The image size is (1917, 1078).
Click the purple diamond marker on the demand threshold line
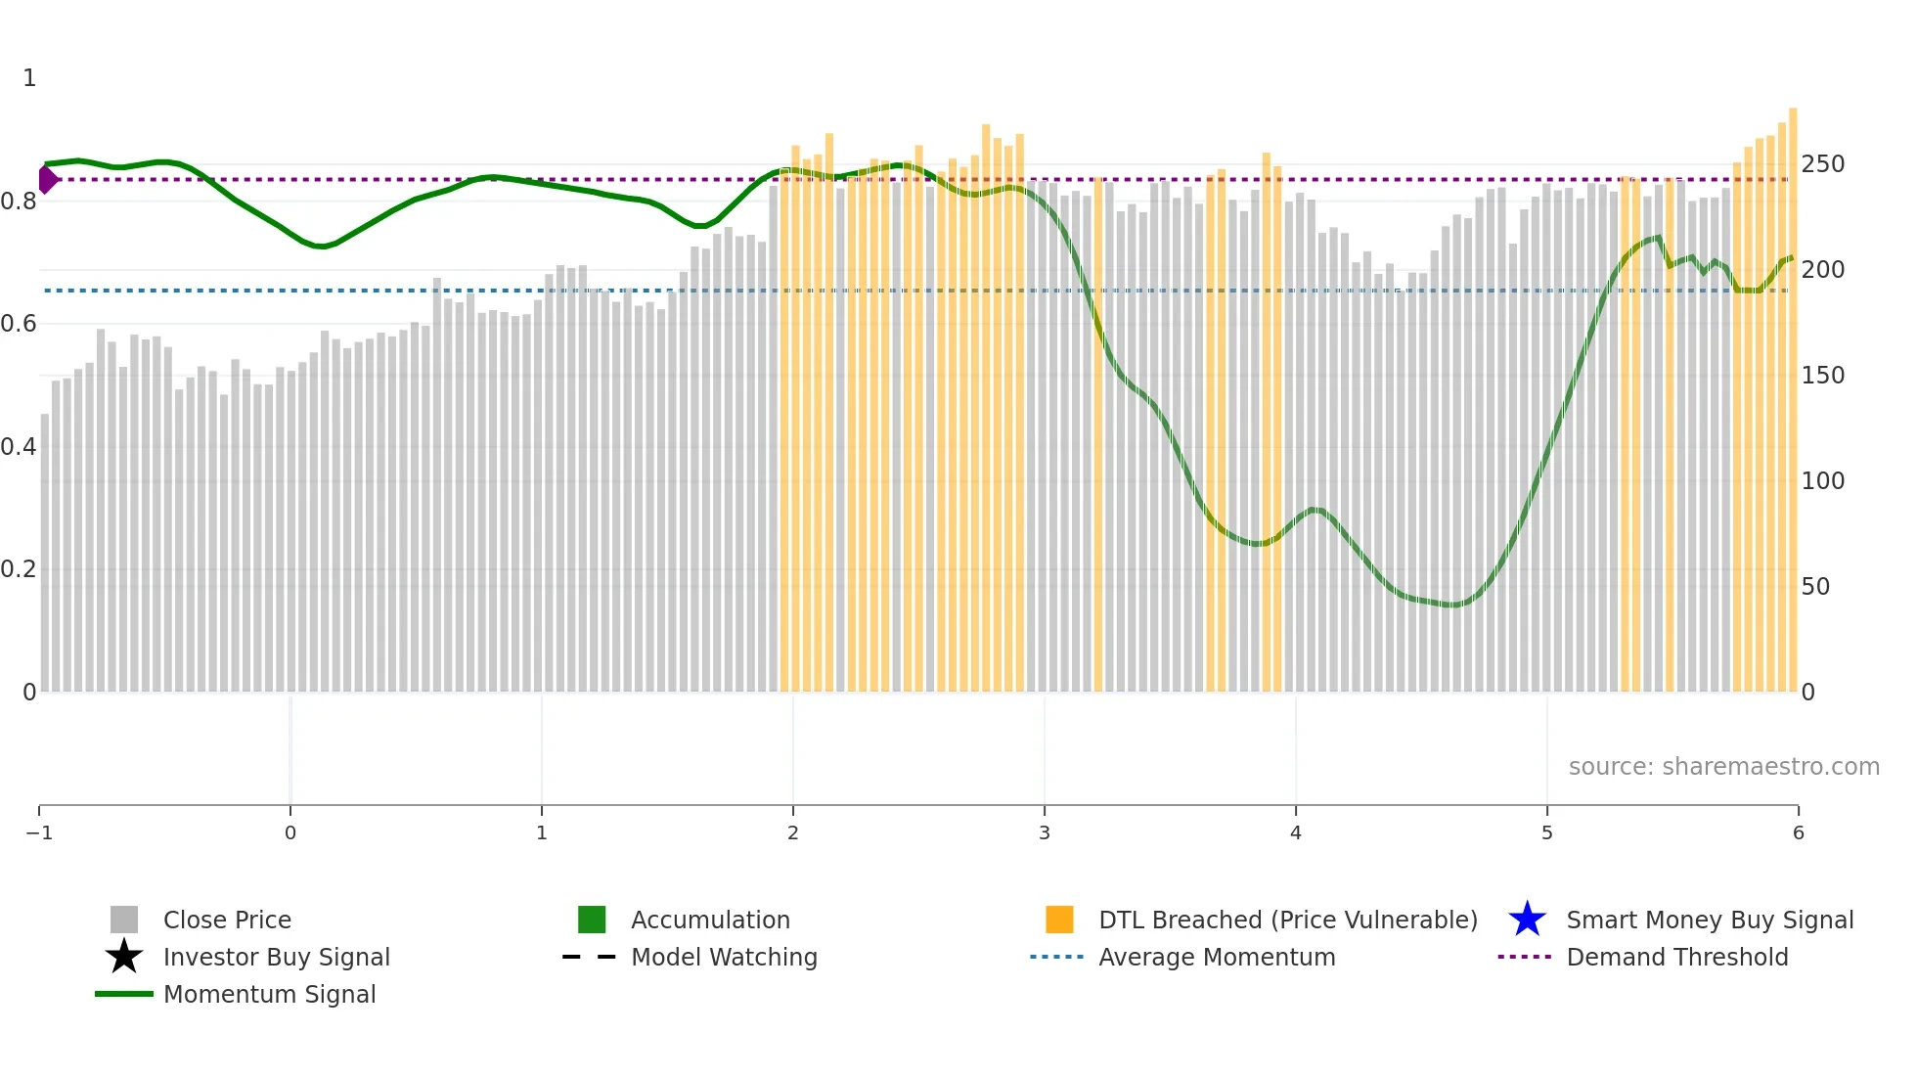click(47, 179)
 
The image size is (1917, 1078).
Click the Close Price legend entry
click(226, 920)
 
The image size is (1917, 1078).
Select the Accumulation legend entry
click(709, 920)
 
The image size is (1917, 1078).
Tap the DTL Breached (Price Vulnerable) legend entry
click(1287, 920)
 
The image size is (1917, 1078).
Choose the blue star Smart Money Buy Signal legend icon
click(1527, 920)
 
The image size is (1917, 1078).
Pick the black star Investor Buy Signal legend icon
click(124, 957)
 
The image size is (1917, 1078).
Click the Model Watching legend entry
click(723, 957)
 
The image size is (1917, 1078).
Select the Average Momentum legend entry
click(1216, 957)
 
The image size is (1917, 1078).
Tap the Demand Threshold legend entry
click(1676, 957)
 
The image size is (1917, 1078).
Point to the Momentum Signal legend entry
click(269, 994)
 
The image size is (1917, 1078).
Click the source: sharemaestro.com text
click(1723, 766)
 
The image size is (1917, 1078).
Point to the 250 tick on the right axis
click(1822, 164)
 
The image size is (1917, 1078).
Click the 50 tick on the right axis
click(1815, 586)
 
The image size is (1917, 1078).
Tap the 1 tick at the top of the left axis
click(29, 78)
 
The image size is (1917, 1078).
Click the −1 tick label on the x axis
click(39, 832)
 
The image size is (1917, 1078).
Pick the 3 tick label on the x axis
click(1045, 832)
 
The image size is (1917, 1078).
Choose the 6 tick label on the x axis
click(1798, 832)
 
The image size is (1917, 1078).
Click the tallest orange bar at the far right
click(1793, 391)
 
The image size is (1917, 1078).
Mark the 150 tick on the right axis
click(1822, 376)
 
